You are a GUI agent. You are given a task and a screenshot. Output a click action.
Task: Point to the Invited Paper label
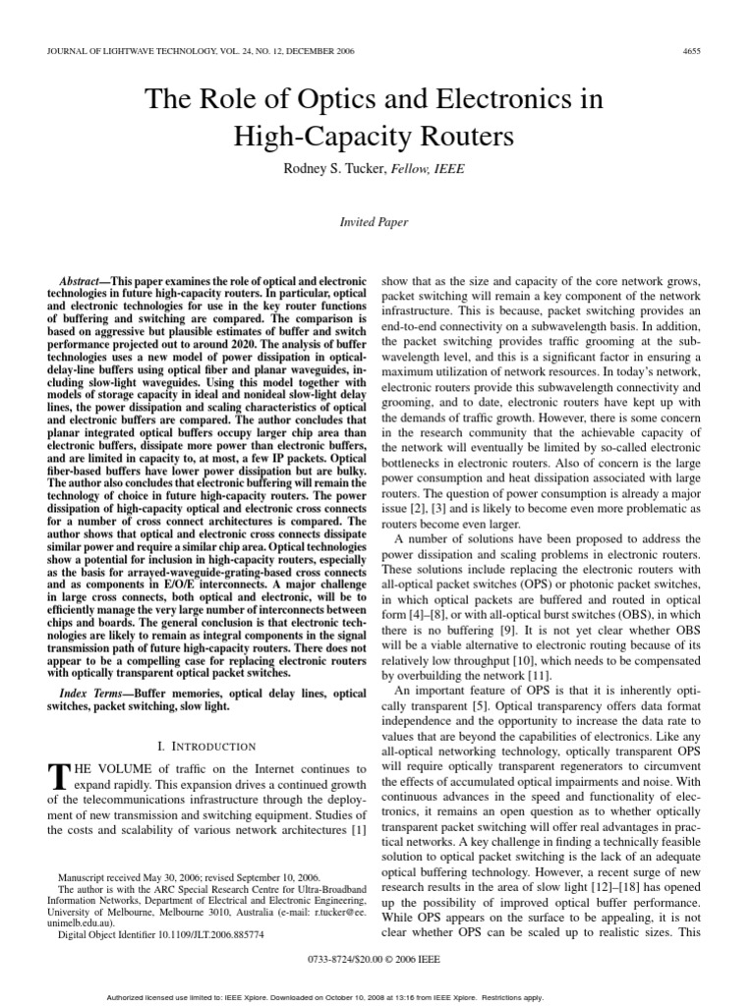pyautogui.click(x=374, y=222)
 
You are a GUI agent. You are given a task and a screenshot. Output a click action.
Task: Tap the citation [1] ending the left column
pyautogui.click(x=357, y=830)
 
